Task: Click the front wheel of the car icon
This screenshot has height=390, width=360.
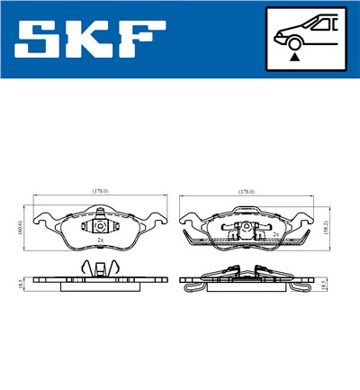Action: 294,41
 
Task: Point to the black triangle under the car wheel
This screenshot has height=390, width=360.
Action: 294,57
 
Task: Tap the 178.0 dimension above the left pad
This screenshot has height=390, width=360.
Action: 100,191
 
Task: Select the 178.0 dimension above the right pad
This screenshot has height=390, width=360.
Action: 247,191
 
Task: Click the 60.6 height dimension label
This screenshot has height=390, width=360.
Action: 19,228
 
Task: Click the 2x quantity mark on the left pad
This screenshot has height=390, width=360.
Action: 98,241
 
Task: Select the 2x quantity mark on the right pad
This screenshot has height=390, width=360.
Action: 274,232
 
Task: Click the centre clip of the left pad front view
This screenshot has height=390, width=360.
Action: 101,225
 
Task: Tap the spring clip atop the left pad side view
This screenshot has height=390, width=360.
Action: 100,268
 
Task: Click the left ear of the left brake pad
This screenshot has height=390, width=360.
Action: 40,219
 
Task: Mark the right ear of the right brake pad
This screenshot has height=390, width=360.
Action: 306,219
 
